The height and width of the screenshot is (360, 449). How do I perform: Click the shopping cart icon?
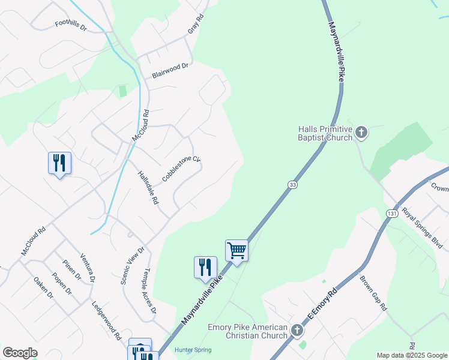237,250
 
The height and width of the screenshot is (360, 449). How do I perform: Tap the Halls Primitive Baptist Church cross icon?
361,132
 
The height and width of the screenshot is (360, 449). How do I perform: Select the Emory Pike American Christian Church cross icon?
297,331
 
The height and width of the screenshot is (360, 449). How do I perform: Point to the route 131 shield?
393,214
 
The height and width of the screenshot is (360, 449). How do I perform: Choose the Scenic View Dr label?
133,266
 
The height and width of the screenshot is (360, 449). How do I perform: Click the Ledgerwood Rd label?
106,320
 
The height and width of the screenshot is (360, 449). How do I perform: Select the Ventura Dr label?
88,267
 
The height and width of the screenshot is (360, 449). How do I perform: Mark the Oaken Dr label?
43,288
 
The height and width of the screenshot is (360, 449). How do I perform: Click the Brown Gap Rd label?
373,293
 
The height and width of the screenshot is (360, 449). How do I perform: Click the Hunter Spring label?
193,350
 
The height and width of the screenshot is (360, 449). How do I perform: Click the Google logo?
20,353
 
